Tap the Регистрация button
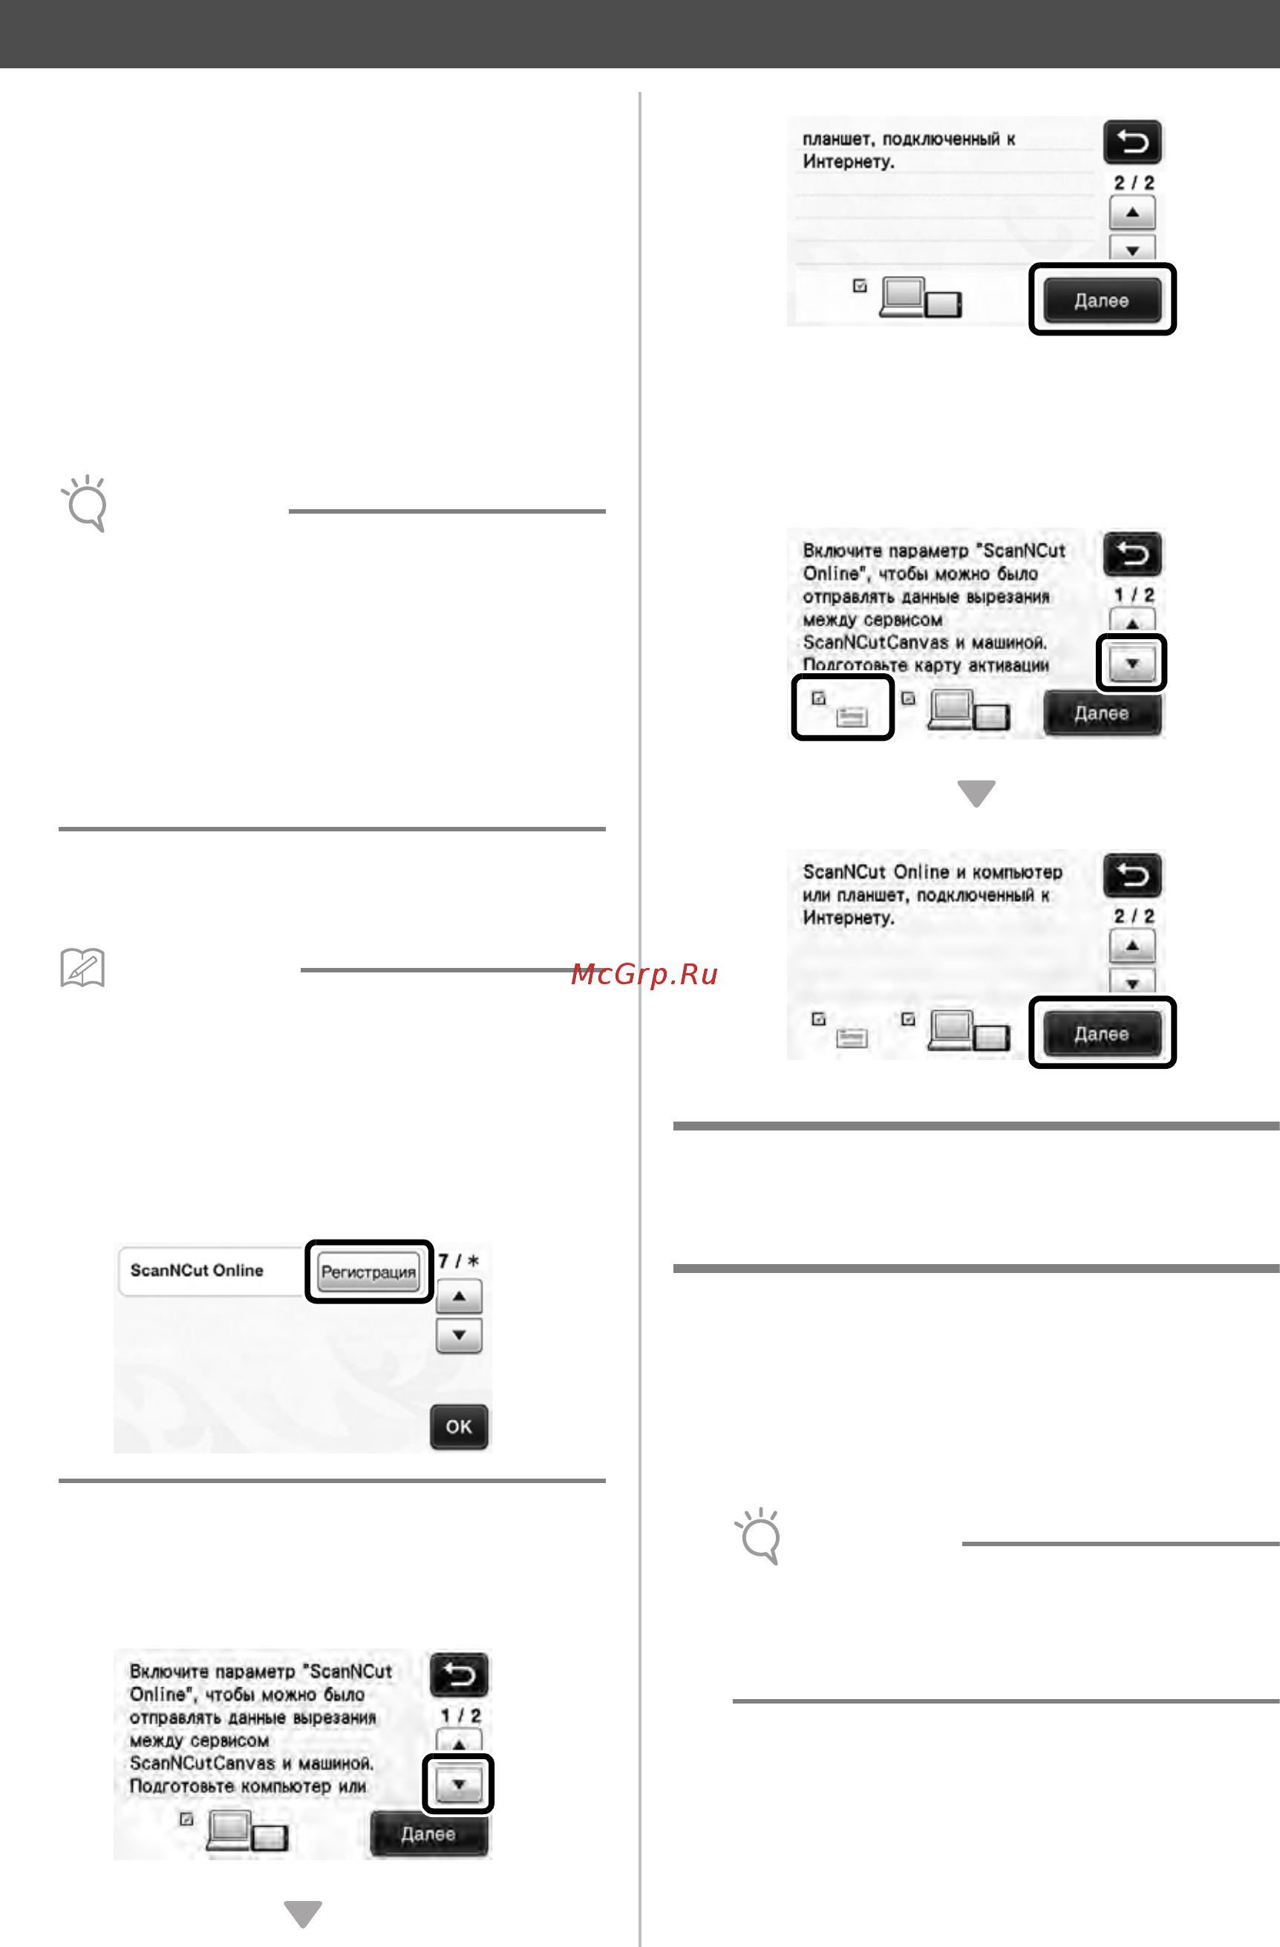point(368,1272)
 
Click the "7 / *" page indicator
point(458,1260)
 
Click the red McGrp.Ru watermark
point(644,974)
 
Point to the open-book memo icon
point(82,968)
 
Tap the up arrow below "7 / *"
point(459,1297)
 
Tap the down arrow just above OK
point(459,1335)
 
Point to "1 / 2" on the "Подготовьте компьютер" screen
point(460,1715)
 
